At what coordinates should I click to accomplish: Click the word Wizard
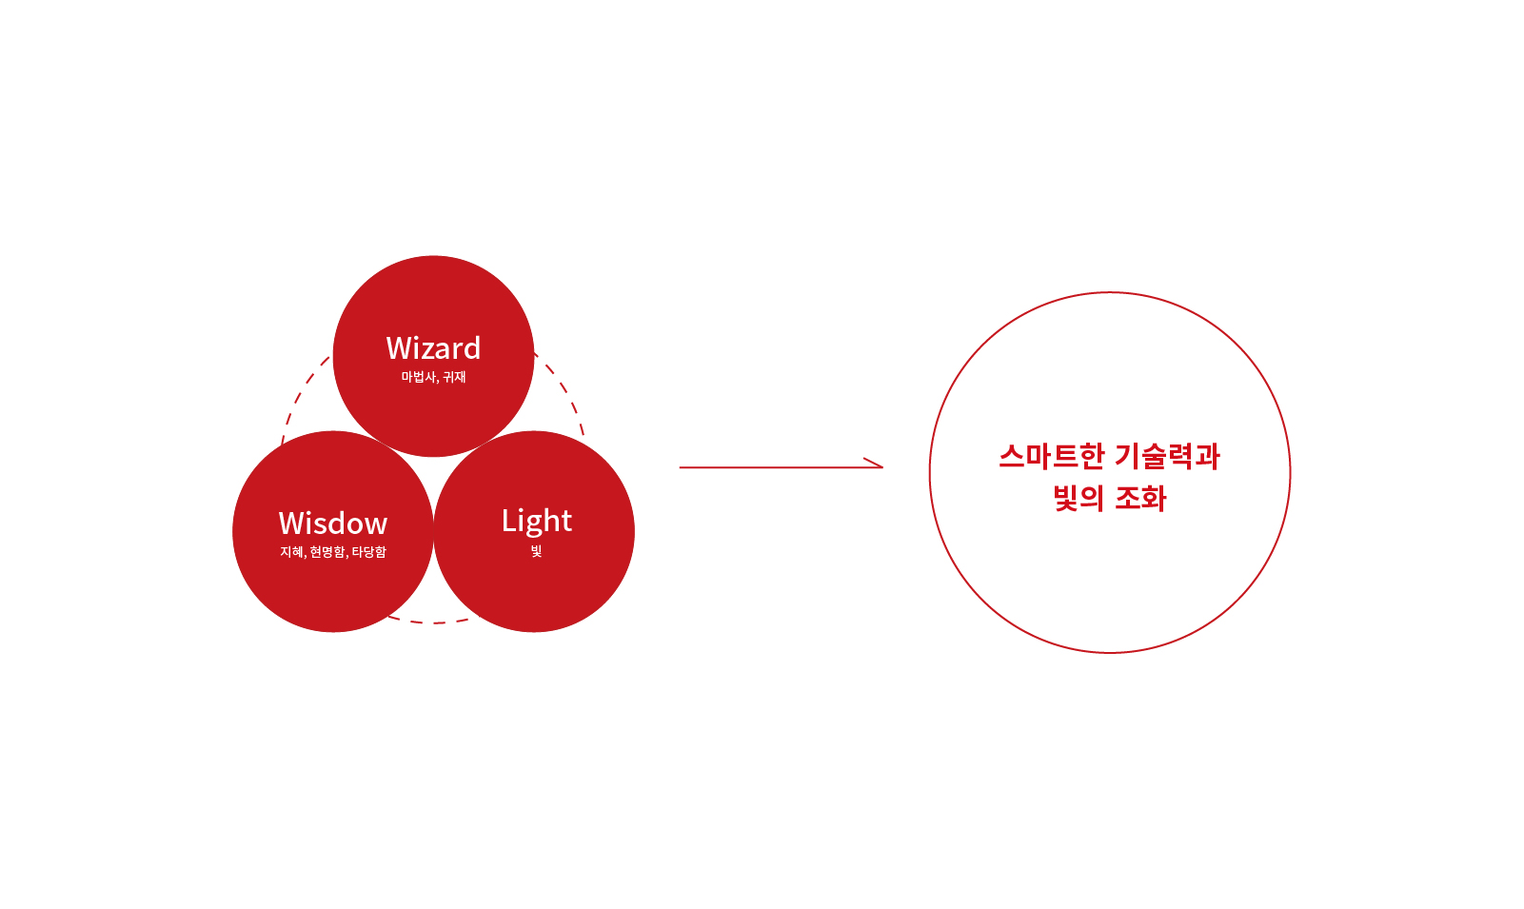coord(433,348)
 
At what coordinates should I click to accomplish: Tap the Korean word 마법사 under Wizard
coord(419,376)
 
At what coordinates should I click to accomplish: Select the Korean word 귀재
coord(454,376)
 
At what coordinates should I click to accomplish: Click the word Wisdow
coord(333,524)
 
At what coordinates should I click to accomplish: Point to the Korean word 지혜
coord(292,552)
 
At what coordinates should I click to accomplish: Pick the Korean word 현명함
coord(328,552)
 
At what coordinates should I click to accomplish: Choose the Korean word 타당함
coord(368,552)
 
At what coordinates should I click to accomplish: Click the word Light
coord(537,522)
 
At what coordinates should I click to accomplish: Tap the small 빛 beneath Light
coord(536,551)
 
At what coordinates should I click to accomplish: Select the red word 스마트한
coord(1052,456)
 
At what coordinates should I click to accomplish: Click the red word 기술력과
coord(1168,456)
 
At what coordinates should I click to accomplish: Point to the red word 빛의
coord(1079,498)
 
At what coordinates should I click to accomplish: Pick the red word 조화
coord(1141,498)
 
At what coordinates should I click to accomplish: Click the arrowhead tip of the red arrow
coord(882,467)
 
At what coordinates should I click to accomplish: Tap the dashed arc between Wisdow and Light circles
coord(433,622)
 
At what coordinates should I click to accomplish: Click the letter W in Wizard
coord(400,348)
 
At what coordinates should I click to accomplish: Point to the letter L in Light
coord(509,521)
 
